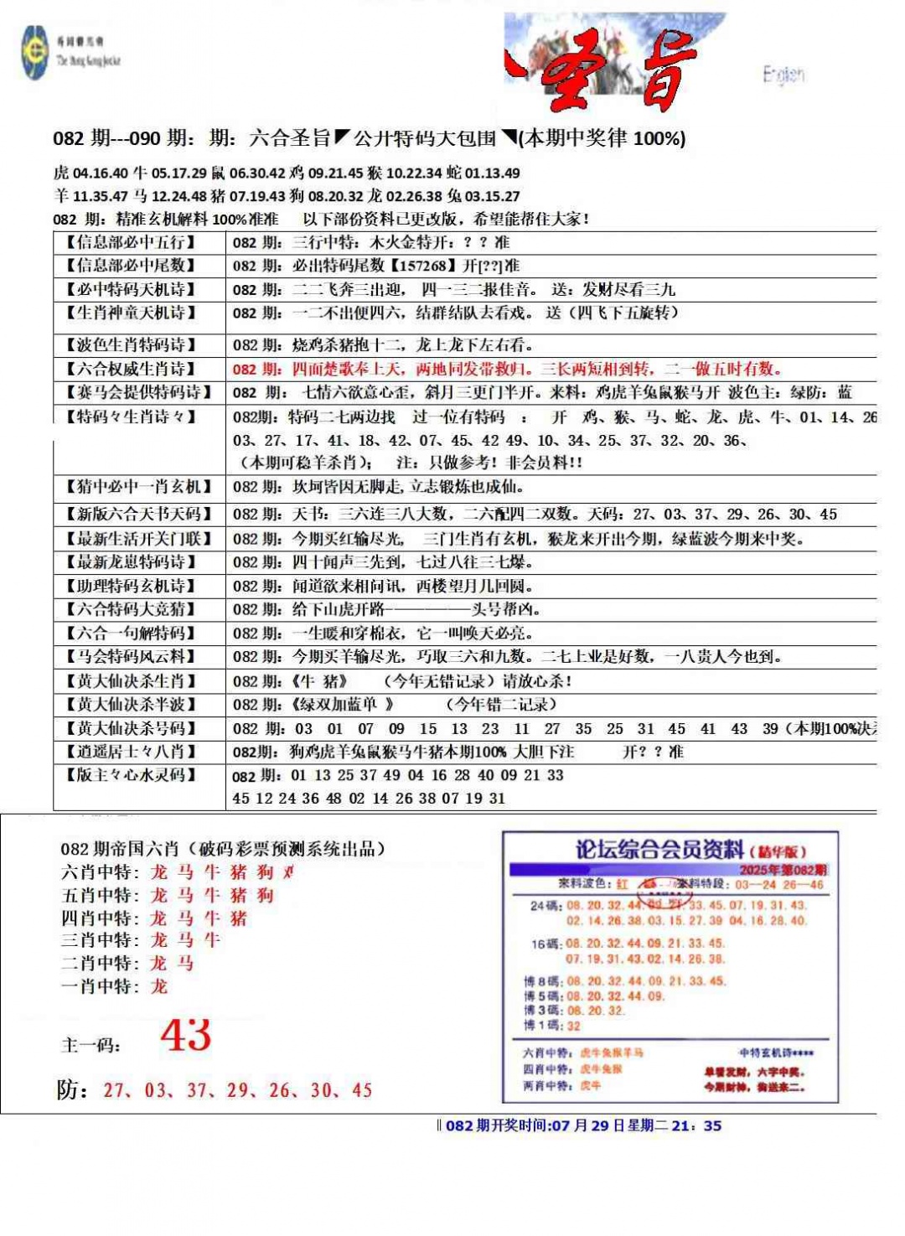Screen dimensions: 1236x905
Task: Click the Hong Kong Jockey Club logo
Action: (x=35, y=52)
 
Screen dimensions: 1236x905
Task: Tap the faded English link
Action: (x=783, y=75)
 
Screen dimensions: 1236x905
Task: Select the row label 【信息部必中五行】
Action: (x=131, y=243)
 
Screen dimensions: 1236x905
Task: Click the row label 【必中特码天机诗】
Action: (x=131, y=290)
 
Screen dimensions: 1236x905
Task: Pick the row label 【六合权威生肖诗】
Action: (x=131, y=369)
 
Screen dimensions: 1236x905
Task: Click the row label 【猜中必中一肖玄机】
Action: (x=138, y=487)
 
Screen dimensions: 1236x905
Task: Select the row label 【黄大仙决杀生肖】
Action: (x=131, y=681)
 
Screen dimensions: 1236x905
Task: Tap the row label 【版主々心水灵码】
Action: (x=131, y=775)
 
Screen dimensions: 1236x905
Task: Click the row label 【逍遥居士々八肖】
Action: (x=131, y=752)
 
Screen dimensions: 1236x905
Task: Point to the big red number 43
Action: (x=186, y=1036)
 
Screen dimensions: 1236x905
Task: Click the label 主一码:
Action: (x=90, y=1045)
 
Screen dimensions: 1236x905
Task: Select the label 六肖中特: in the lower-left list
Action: (x=100, y=872)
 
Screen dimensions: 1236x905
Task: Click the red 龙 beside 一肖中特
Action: (x=159, y=986)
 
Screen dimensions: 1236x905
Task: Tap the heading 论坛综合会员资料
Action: (x=659, y=850)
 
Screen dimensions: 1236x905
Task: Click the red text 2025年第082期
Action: (x=783, y=870)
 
